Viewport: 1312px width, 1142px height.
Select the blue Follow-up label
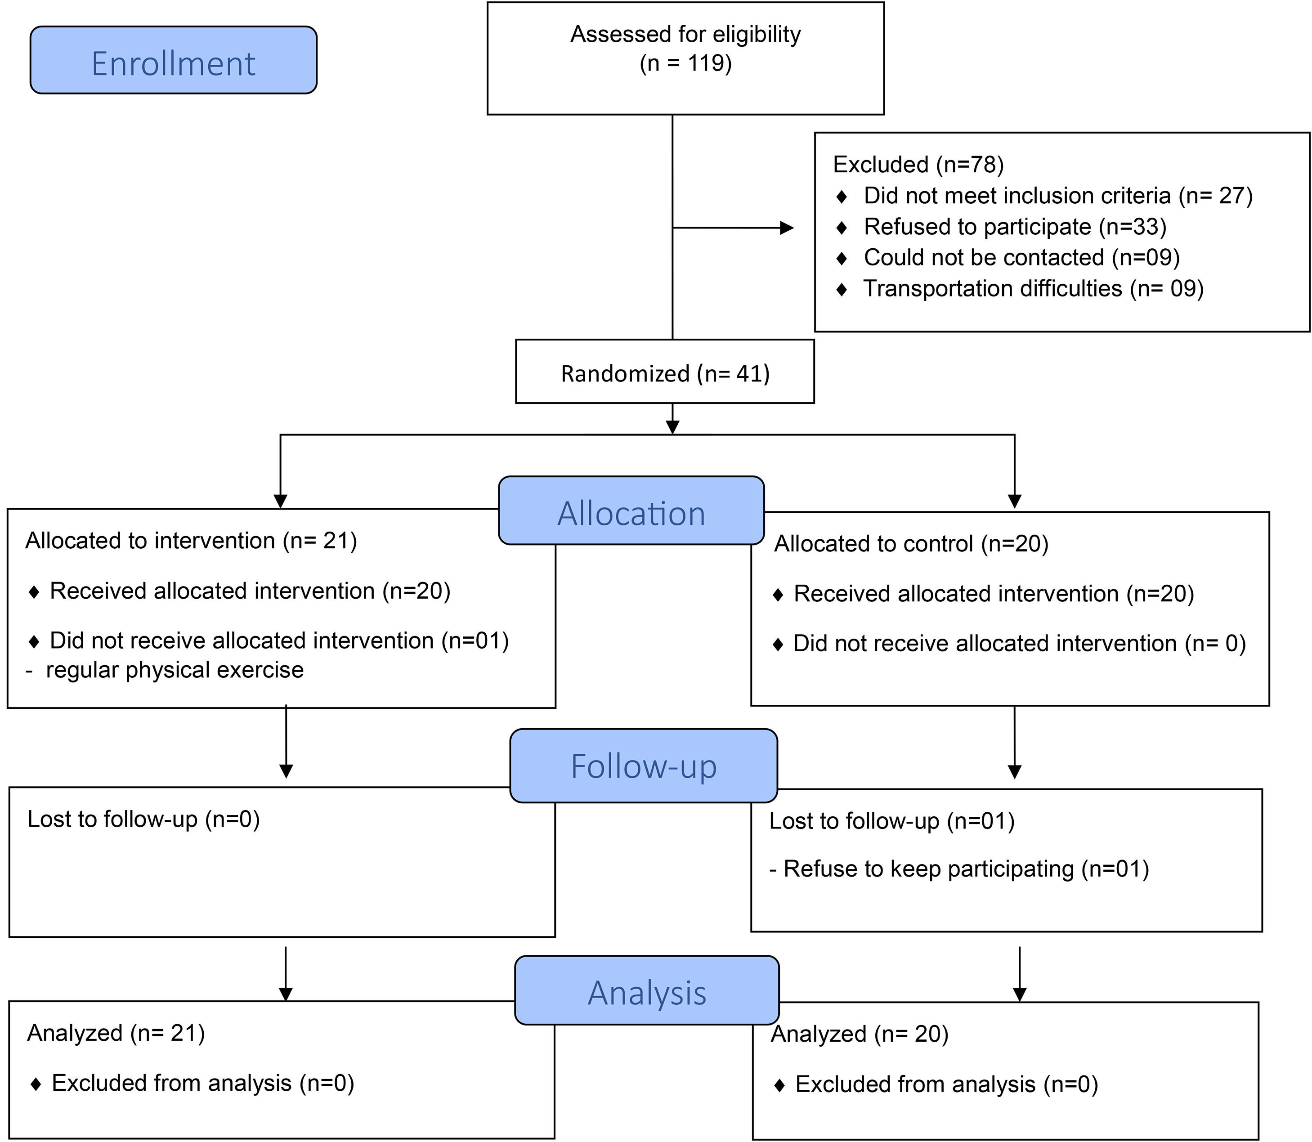(644, 766)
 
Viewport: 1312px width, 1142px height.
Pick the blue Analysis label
(647, 992)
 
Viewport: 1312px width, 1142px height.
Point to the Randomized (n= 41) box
(665, 373)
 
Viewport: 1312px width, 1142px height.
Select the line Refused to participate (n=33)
(1014, 226)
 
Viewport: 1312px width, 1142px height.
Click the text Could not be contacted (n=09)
(1021, 257)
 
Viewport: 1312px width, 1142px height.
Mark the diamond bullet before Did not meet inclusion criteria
(841, 196)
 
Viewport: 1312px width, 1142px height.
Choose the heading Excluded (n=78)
(918, 165)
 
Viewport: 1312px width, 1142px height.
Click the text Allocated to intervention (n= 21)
(191, 540)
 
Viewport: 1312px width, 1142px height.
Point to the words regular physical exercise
(174, 670)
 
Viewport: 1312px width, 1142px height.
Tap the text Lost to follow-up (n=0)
(143, 819)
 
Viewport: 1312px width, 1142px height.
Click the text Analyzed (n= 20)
(860, 1034)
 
